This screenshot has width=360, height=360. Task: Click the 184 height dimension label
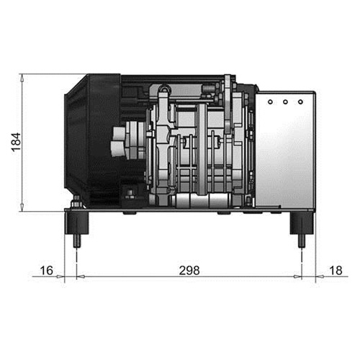[16, 142]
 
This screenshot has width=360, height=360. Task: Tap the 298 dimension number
[189, 271]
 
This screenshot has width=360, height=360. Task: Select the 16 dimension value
[46, 271]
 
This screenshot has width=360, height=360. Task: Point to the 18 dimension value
[336, 271]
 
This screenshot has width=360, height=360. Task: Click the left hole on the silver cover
[270, 102]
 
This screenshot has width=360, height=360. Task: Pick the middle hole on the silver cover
[285, 102]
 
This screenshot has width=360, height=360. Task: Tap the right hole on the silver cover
[300, 102]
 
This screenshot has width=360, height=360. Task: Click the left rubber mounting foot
[77, 223]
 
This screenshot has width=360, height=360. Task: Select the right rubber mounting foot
[302, 223]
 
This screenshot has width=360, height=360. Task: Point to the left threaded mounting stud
[77, 240]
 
